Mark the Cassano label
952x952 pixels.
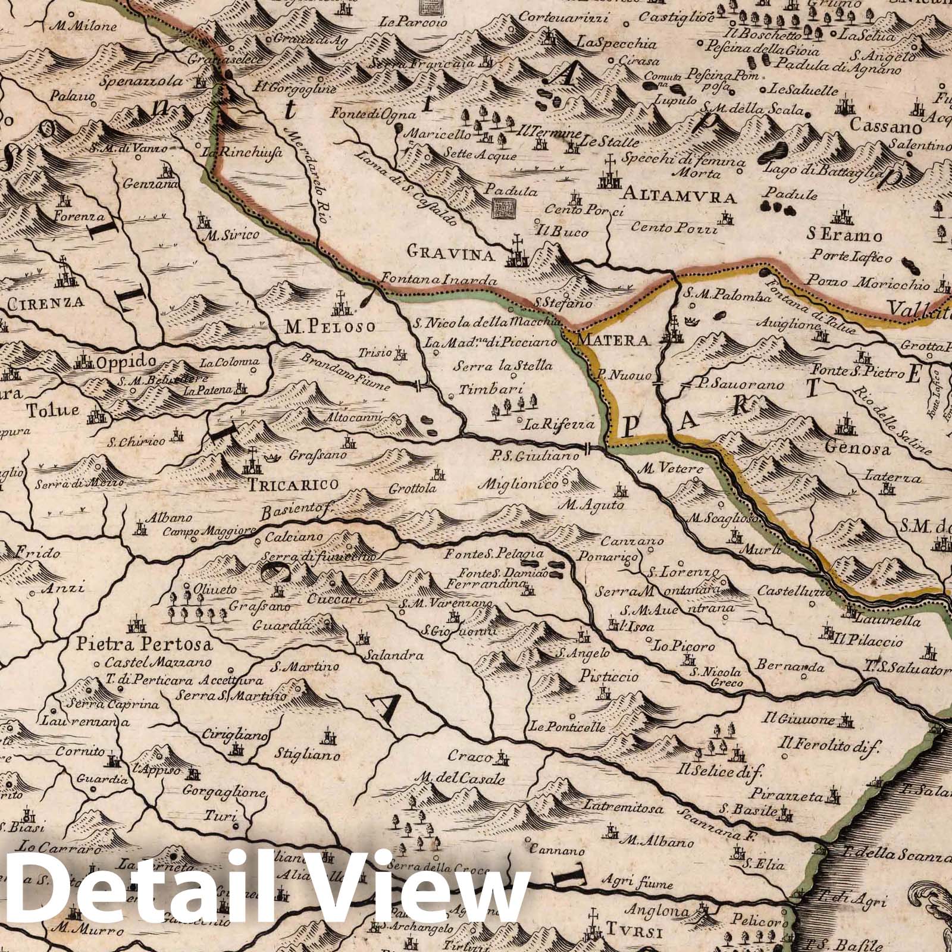pyautogui.click(x=886, y=127)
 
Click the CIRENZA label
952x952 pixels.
pyautogui.click(x=46, y=301)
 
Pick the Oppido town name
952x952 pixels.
pyautogui.click(x=126, y=361)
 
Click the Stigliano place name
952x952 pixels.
pyautogui.click(x=308, y=756)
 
